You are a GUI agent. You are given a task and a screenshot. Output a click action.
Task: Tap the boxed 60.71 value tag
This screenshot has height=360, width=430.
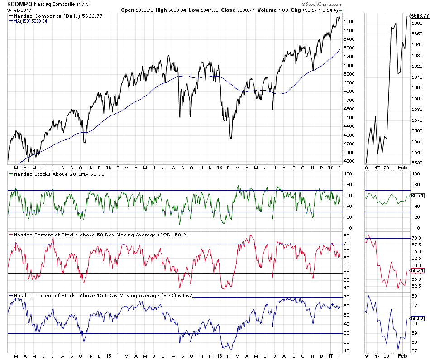tap(417, 196)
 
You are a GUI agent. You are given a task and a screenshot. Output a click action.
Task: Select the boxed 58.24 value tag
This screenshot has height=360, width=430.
tap(417, 270)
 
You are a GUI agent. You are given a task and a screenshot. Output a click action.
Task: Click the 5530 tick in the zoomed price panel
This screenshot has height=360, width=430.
tap(417, 163)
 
